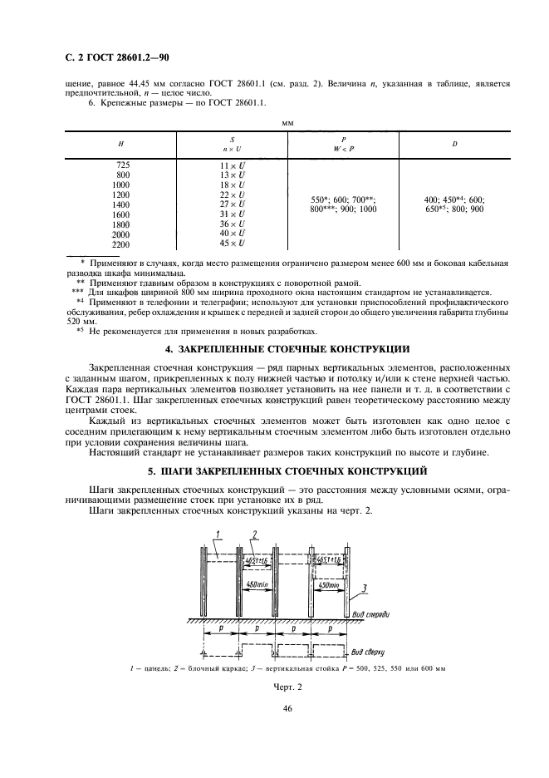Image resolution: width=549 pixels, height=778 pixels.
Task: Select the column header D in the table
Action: (454, 144)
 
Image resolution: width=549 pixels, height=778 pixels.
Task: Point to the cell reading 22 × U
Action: (232, 195)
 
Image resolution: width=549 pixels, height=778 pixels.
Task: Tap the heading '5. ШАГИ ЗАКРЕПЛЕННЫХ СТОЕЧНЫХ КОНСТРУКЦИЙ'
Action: (274, 470)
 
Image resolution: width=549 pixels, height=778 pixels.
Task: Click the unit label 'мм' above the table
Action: (288, 122)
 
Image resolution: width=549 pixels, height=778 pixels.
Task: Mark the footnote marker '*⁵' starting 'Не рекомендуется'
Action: (81, 330)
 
